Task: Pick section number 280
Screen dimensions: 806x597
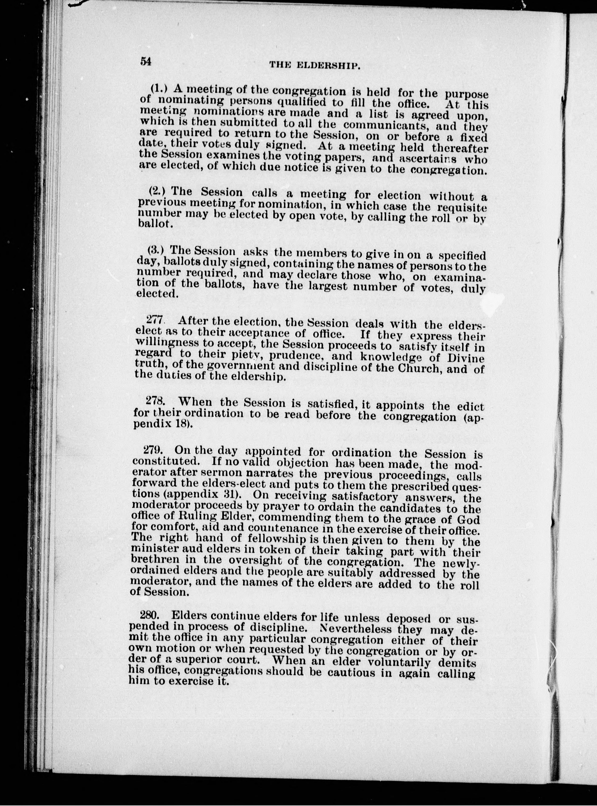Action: coord(151,615)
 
